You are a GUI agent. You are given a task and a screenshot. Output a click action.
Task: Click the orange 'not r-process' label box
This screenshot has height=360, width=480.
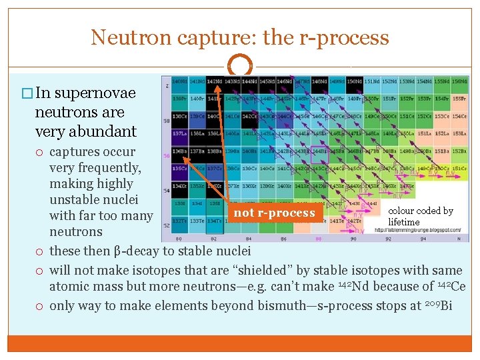click(275, 213)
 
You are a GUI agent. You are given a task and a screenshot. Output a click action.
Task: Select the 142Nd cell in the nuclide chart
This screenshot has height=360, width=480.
click(214, 81)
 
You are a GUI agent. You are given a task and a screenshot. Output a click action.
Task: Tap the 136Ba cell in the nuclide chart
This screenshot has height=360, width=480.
click(179, 151)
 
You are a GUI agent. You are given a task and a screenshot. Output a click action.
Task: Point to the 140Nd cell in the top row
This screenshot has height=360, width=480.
click(179, 81)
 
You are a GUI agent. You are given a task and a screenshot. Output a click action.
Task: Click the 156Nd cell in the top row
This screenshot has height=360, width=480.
click(459, 81)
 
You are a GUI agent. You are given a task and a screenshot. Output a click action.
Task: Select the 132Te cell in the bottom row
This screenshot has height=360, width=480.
click(179, 221)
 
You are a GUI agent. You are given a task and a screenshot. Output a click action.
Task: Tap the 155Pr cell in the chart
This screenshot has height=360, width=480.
click(459, 99)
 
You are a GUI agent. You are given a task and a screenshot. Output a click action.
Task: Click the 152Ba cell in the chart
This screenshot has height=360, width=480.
click(459, 151)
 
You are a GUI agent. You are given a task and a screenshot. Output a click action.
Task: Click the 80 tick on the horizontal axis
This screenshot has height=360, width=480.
click(177, 237)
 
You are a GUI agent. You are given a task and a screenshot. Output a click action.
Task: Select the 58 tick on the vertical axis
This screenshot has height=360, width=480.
click(167, 121)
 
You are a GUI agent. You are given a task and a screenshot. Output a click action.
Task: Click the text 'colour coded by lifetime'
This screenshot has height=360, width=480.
click(420, 216)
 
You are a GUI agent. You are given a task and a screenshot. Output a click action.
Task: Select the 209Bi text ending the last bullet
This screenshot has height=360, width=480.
click(438, 305)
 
